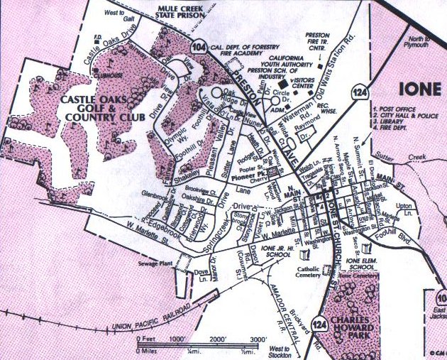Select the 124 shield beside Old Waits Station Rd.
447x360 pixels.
click(363, 89)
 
